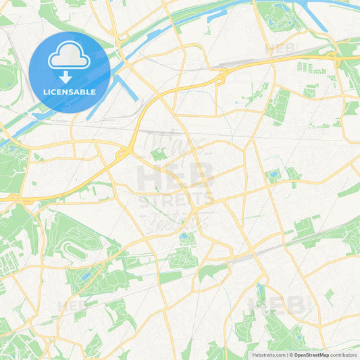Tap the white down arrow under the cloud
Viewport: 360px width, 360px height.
point(69,75)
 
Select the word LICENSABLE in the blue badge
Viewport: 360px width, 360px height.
point(69,92)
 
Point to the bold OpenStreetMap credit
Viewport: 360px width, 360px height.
point(311,355)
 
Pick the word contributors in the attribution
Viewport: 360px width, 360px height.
point(344,355)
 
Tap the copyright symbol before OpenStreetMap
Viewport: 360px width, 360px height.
point(290,355)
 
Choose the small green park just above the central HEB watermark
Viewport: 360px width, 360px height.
point(158,155)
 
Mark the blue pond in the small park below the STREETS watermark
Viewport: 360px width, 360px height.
point(184,237)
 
